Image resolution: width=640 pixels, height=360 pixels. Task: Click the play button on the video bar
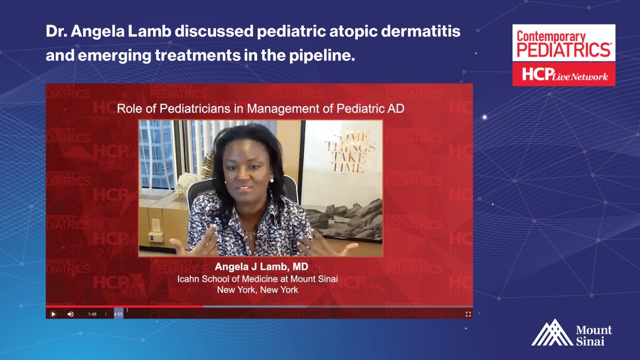53,314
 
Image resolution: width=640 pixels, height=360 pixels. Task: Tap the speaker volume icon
70,314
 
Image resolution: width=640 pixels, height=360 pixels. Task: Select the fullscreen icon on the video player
468,314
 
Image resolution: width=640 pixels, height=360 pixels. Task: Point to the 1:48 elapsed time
92,314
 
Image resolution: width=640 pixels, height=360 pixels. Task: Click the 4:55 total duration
118,314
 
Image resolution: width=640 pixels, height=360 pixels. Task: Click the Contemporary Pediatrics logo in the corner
564,44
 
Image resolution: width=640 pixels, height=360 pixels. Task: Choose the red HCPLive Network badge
564,75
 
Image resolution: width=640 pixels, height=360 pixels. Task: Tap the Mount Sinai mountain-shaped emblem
552,333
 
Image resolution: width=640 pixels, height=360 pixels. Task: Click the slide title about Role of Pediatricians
260,109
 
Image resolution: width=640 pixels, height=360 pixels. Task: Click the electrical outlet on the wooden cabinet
155,225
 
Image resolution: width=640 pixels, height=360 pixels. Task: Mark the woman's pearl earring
271,180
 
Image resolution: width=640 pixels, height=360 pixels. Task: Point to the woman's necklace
249,233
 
